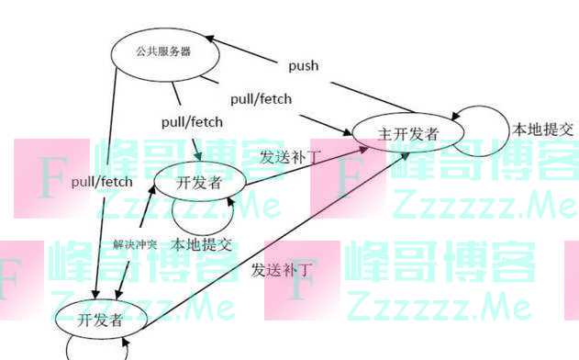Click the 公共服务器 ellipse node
pos(165,53)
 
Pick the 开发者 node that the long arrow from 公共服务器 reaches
pos(99,321)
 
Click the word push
pos(303,66)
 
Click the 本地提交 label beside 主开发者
pos(542,129)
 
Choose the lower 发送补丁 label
pos(283,269)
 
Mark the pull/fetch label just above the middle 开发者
pos(192,120)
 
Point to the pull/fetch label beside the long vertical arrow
pos(102,183)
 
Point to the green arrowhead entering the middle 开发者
pos(196,156)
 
